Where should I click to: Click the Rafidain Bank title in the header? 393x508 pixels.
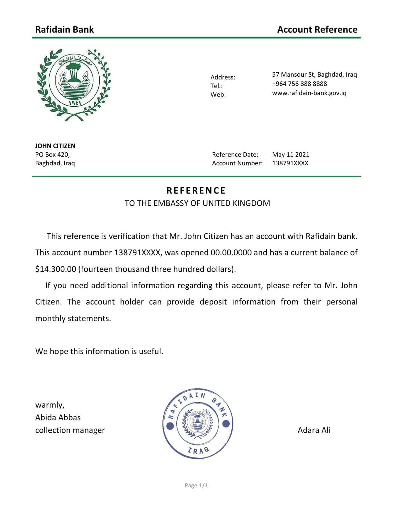(64, 30)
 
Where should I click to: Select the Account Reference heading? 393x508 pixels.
(317, 30)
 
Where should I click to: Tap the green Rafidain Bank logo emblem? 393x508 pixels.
(74, 85)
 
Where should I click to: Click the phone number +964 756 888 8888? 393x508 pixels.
(299, 84)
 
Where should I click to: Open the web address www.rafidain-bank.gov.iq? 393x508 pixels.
(309, 93)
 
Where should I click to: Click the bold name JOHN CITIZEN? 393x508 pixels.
(55, 146)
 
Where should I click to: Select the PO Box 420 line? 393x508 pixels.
(52, 155)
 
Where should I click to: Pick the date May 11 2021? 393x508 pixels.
(290, 155)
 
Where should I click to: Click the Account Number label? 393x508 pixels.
(237, 163)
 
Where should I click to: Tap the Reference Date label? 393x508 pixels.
(235, 155)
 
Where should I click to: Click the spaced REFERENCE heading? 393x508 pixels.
(196, 191)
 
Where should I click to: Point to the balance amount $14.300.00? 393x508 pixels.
(55, 269)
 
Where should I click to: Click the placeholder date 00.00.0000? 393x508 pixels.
(231, 253)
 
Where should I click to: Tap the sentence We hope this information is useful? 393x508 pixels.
(99, 351)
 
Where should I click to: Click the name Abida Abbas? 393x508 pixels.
(58, 417)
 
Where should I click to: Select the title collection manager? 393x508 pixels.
(70, 430)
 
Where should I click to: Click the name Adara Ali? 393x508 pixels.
(314, 430)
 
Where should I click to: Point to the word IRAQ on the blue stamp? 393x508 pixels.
(198, 450)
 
